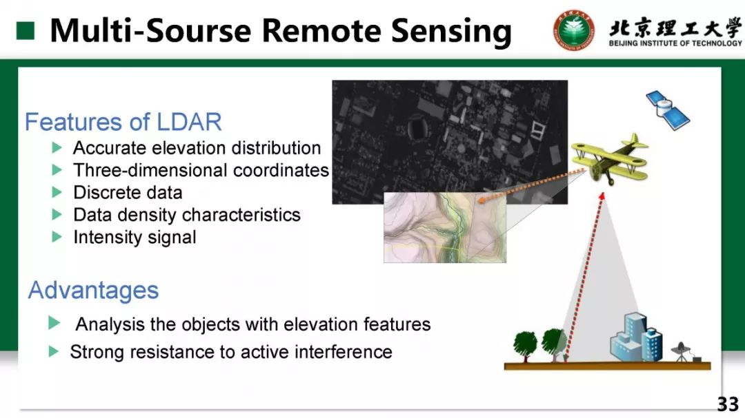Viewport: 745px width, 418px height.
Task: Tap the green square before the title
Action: click(26, 31)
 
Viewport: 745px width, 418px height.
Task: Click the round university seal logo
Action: click(573, 30)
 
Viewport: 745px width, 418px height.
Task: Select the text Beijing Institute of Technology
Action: click(675, 43)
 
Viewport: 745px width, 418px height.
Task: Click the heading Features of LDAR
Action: click(123, 122)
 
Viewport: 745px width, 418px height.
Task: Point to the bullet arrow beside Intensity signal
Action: click(57, 237)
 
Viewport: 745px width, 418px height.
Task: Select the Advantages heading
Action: click(93, 290)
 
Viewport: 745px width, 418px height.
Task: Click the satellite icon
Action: click(668, 110)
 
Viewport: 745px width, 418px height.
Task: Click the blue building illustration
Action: click(637, 337)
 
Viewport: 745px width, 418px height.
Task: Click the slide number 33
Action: click(728, 404)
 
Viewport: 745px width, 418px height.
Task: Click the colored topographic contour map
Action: click(445, 227)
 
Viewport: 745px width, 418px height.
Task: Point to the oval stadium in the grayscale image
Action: click(417, 128)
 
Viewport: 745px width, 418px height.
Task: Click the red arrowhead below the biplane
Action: click(602, 196)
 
